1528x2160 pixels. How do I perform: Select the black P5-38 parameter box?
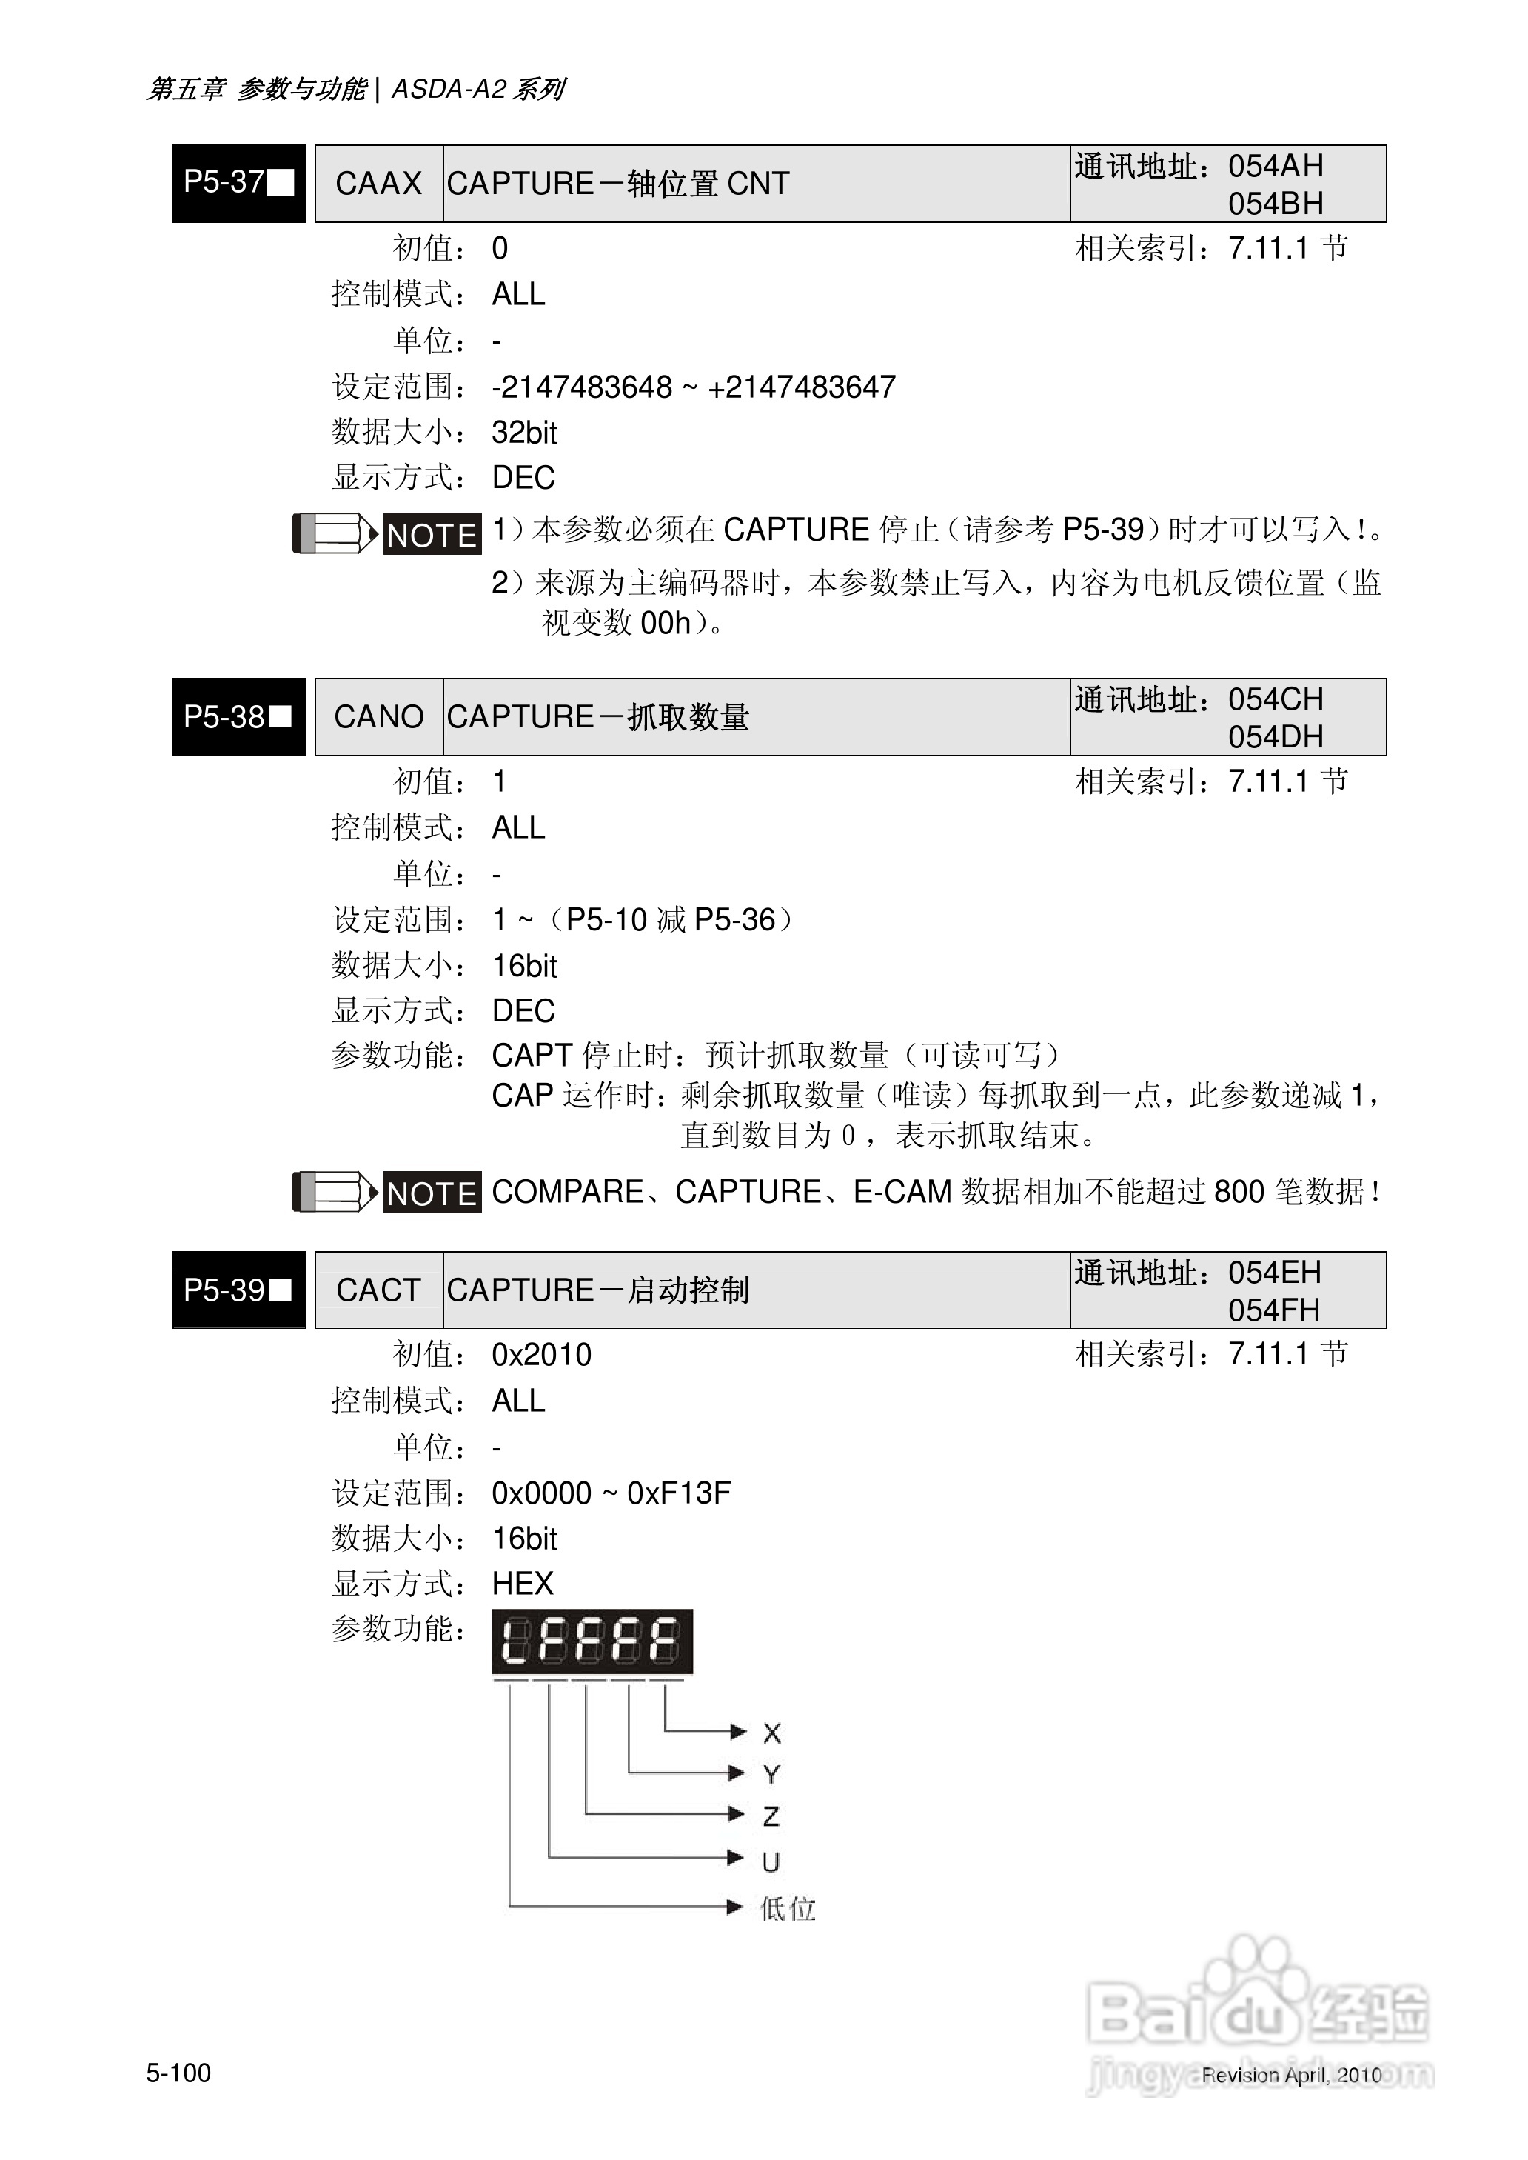[239, 716]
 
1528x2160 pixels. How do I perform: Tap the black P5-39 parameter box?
[239, 1290]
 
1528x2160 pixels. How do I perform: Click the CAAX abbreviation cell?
[378, 184]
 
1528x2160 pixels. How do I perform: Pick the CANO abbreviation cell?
[378, 717]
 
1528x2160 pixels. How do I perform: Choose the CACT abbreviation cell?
[378, 1290]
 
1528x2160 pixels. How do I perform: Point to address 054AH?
[1275, 167]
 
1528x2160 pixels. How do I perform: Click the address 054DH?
[1275, 737]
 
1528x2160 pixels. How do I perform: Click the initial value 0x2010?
[541, 1356]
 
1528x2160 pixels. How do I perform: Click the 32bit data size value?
[524, 433]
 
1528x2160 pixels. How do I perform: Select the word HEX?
[522, 1584]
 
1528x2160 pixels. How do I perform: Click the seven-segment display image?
[592, 1641]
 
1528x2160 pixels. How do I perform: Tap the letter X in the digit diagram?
[771, 1733]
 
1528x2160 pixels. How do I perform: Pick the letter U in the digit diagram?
[771, 1861]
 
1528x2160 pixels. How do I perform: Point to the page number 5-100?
[178, 2073]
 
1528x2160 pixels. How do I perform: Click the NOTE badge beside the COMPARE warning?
[432, 1193]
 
